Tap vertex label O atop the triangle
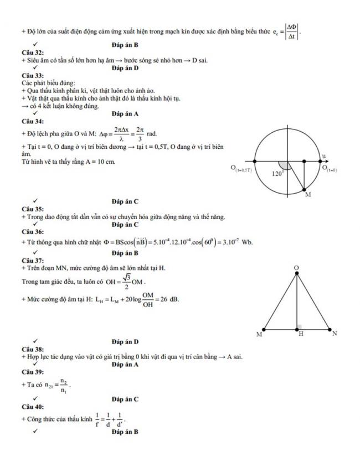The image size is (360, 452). click(297, 268)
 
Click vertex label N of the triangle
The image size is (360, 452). click(334, 334)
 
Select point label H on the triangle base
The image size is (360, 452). click(301, 334)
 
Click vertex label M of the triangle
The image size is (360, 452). click(259, 334)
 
